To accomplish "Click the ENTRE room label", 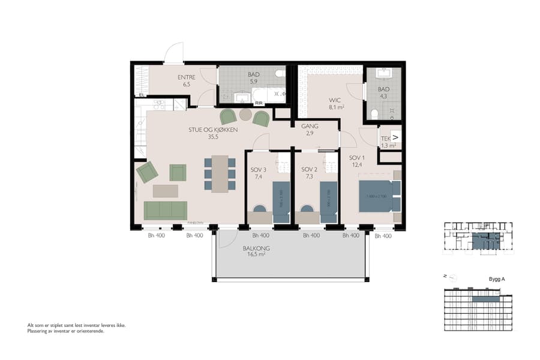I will (187, 81).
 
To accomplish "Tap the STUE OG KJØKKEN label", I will (212, 133).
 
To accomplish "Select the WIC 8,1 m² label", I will (335, 104).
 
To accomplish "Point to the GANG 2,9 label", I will (310, 130).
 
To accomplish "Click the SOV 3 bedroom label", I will (259, 173).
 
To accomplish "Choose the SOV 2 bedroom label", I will (308, 173).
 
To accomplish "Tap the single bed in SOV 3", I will (281, 202).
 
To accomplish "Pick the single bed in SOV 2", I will (329, 202).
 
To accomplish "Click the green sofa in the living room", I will (165, 211).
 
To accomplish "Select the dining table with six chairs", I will (220, 173).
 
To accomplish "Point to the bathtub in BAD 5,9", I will (268, 95).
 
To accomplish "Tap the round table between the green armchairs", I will (245, 114).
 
